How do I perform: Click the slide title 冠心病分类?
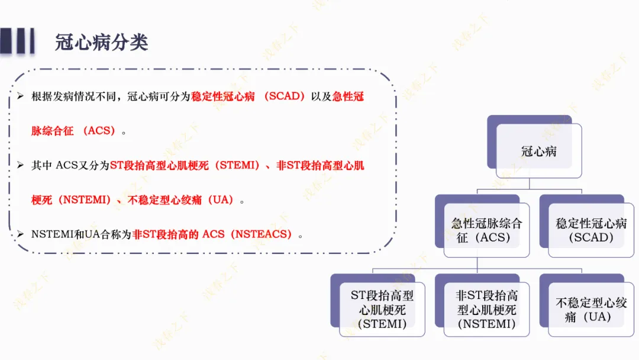tap(101, 42)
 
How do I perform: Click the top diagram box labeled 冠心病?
tap(538, 151)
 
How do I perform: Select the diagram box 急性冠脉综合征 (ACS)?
tap(486, 230)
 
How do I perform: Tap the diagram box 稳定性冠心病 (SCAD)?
tap(590, 230)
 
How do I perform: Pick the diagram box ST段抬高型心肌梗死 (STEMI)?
tap(382, 310)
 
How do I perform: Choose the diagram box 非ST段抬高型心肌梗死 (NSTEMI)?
tap(486, 310)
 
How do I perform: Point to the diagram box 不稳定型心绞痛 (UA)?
tap(590, 310)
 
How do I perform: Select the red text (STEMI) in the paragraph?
tap(238, 166)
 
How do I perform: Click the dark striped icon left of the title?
tap(17, 41)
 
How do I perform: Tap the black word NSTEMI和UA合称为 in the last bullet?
tap(82, 234)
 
